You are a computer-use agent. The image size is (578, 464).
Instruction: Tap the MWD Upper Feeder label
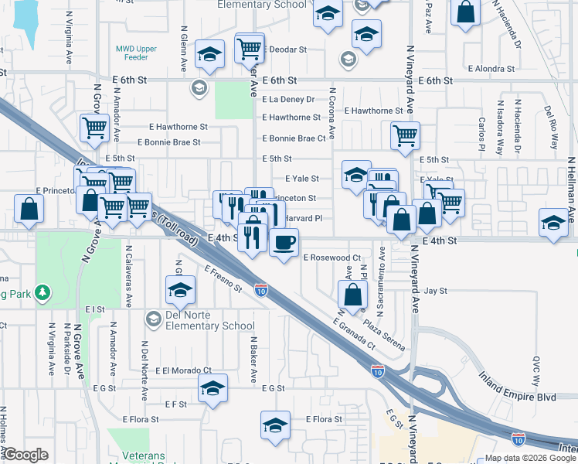136,53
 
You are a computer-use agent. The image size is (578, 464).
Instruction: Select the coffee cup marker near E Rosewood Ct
284,243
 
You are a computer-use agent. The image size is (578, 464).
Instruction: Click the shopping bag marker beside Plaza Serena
352,295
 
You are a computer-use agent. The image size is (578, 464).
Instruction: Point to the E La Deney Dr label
288,100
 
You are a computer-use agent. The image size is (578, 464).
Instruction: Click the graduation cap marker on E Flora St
275,425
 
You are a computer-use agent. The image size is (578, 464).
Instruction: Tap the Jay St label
437,292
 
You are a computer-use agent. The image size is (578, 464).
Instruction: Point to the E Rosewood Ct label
332,258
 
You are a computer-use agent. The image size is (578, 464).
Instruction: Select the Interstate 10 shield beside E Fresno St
261,291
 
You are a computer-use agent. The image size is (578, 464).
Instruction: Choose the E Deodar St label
285,49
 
